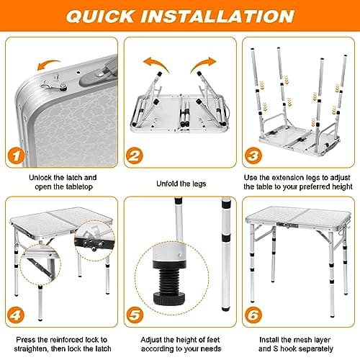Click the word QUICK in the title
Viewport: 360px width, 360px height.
(x=99, y=16)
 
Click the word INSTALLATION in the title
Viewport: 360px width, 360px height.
(x=217, y=16)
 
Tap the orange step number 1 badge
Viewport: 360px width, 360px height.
(x=17, y=156)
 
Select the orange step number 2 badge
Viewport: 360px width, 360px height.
(x=135, y=156)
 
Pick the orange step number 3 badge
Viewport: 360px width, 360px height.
(x=253, y=156)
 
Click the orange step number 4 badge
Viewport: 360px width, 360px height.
(x=16, y=315)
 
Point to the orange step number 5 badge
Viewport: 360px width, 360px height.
(x=135, y=315)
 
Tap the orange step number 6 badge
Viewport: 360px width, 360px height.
(x=253, y=315)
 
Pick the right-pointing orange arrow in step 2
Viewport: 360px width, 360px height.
(x=203, y=63)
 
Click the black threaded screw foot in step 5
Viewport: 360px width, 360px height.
(x=169, y=282)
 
